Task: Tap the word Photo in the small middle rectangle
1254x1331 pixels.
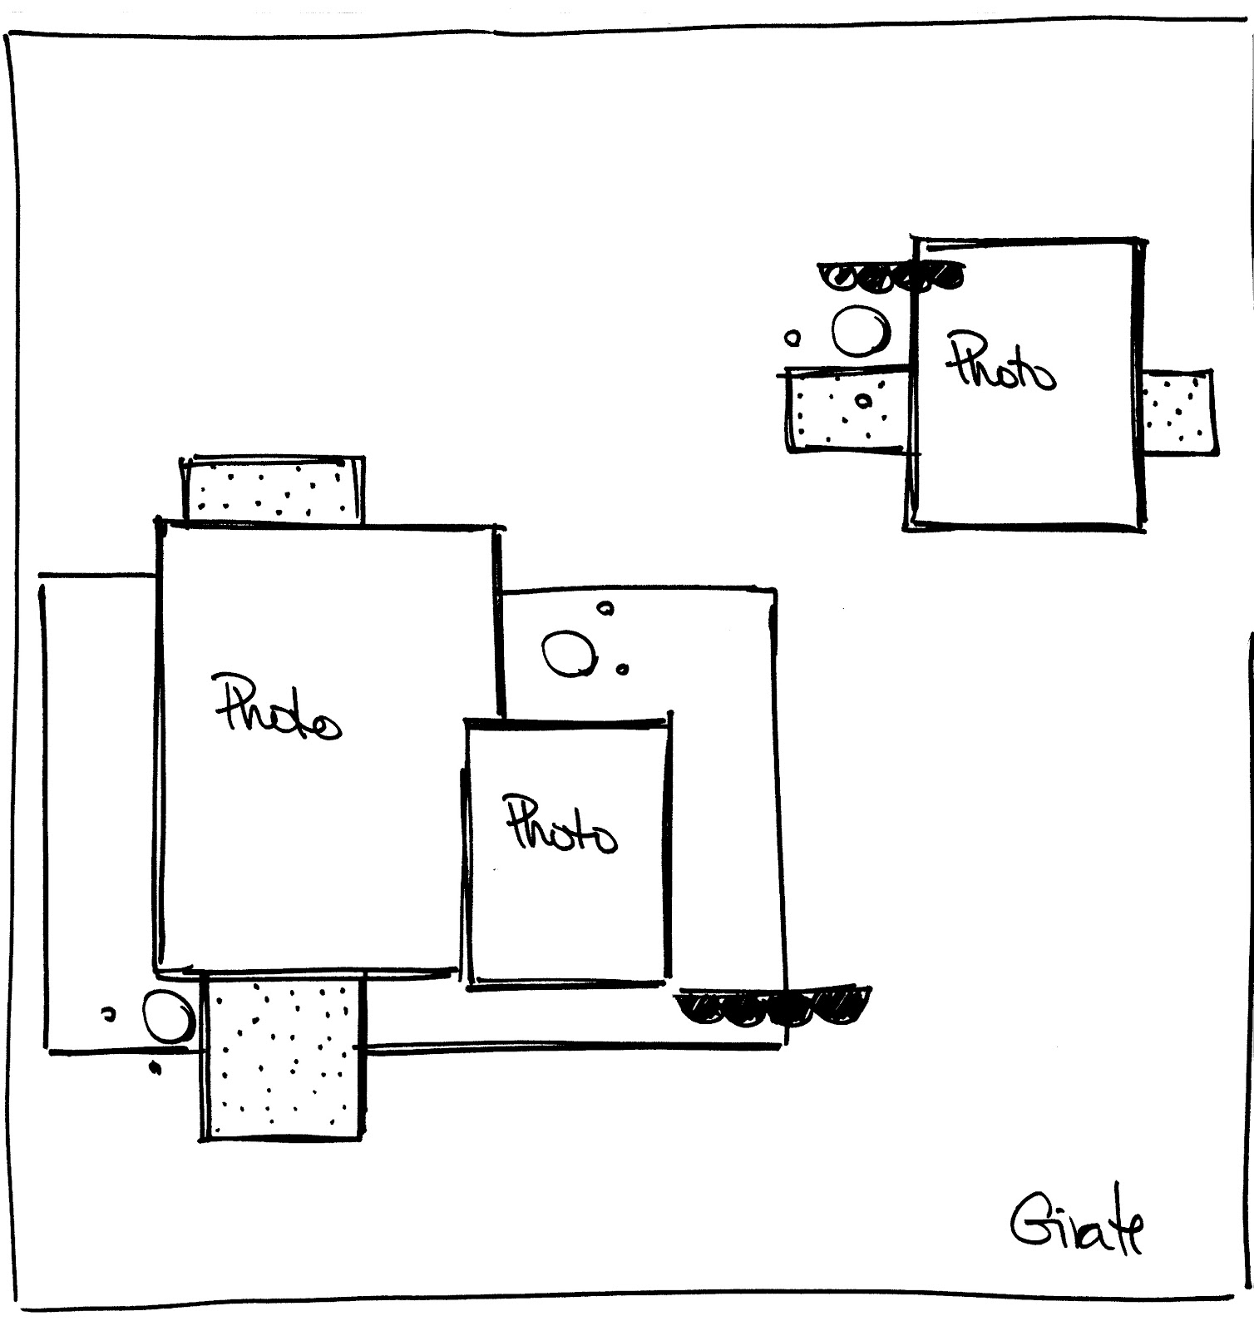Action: (x=561, y=825)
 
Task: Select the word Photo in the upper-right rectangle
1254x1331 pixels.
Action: (x=1000, y=364)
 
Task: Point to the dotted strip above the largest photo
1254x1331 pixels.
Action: (x=273, y=490)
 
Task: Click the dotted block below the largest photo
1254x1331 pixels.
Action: (x=284, y=1056)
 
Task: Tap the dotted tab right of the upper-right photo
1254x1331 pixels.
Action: (x=1177, y=411)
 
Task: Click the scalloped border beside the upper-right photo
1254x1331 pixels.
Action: (x=890, y=277)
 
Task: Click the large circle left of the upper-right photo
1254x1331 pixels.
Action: (x=860, y=331)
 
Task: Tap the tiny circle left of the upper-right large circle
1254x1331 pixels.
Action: (x=792, y=339)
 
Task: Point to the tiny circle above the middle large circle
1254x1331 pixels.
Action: (x=607, y=609)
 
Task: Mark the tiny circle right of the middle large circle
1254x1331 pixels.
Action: (x=622, y=668)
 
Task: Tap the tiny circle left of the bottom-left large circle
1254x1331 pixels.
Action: (x=107, y=1014)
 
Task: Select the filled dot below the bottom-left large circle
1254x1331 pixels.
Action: (x=154, y=1067)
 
